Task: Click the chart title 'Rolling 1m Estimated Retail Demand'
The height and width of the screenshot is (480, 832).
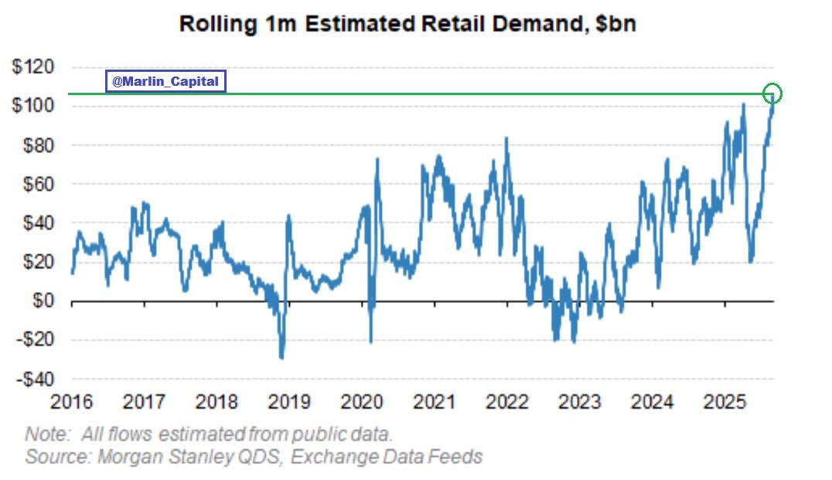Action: point(383,25)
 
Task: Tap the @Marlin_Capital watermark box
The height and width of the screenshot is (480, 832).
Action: point(165,82)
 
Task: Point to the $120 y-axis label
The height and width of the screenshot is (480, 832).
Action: point(33,66)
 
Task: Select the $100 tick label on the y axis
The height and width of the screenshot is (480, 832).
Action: point(33,106)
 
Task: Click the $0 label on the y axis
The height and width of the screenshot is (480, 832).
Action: point(43,300)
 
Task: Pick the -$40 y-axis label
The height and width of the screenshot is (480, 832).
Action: point(35,379)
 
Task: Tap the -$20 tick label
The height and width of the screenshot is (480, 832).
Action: point(35,339)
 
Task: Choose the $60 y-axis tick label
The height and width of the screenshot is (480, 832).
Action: point(38,183)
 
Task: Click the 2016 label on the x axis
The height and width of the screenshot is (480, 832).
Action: point(72,401)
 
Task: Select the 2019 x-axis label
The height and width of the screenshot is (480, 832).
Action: point(289,401)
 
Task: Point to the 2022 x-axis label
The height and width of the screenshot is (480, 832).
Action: point(507,401)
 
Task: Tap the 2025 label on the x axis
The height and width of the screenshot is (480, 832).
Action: point(725,401)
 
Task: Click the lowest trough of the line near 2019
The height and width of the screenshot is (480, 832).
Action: point(281,357)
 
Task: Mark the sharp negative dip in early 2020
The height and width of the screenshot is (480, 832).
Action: point(370,341)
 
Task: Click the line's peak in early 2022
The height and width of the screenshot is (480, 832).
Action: point(506,139)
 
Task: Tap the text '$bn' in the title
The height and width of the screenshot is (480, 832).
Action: point(615,25)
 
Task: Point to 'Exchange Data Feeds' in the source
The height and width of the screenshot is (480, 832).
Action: point(387,457)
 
